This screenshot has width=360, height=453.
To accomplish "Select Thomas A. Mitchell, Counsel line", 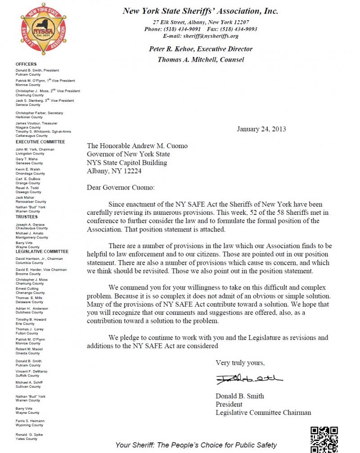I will click(201, 59).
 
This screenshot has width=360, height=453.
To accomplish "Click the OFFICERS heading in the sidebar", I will click(26, 64).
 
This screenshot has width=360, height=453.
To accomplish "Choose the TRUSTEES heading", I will click(27, 217).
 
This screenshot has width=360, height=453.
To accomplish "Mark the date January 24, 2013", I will click(261, 129).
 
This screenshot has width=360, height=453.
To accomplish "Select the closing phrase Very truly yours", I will click(240, 362).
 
